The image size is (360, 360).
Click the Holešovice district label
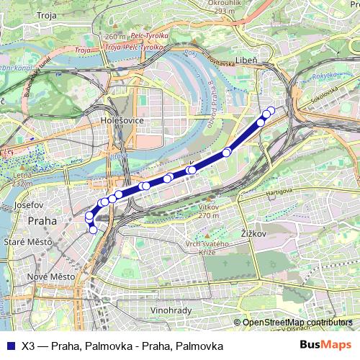(123, 120)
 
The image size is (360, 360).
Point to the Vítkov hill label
(207, 206)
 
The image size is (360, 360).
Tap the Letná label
(22, 175)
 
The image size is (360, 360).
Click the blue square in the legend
(9, 344)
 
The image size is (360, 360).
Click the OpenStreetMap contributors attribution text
(297, 323)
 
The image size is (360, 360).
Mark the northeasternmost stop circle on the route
(271, 110)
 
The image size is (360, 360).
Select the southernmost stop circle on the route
(93, 230)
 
